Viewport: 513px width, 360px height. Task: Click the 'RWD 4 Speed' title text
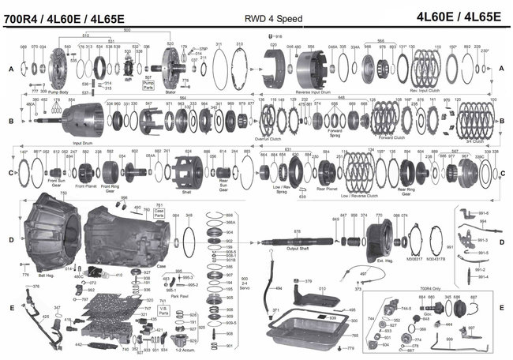[256, 13]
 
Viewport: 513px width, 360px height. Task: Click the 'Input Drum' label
[83, 144]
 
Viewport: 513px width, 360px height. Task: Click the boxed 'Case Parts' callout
[159, 212]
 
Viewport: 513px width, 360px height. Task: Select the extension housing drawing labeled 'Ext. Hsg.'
[384, 236]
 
